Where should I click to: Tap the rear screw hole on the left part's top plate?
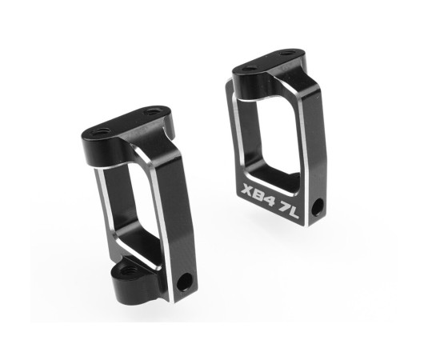152,112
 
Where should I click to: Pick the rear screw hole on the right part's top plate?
286,54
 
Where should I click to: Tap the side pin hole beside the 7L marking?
318,207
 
